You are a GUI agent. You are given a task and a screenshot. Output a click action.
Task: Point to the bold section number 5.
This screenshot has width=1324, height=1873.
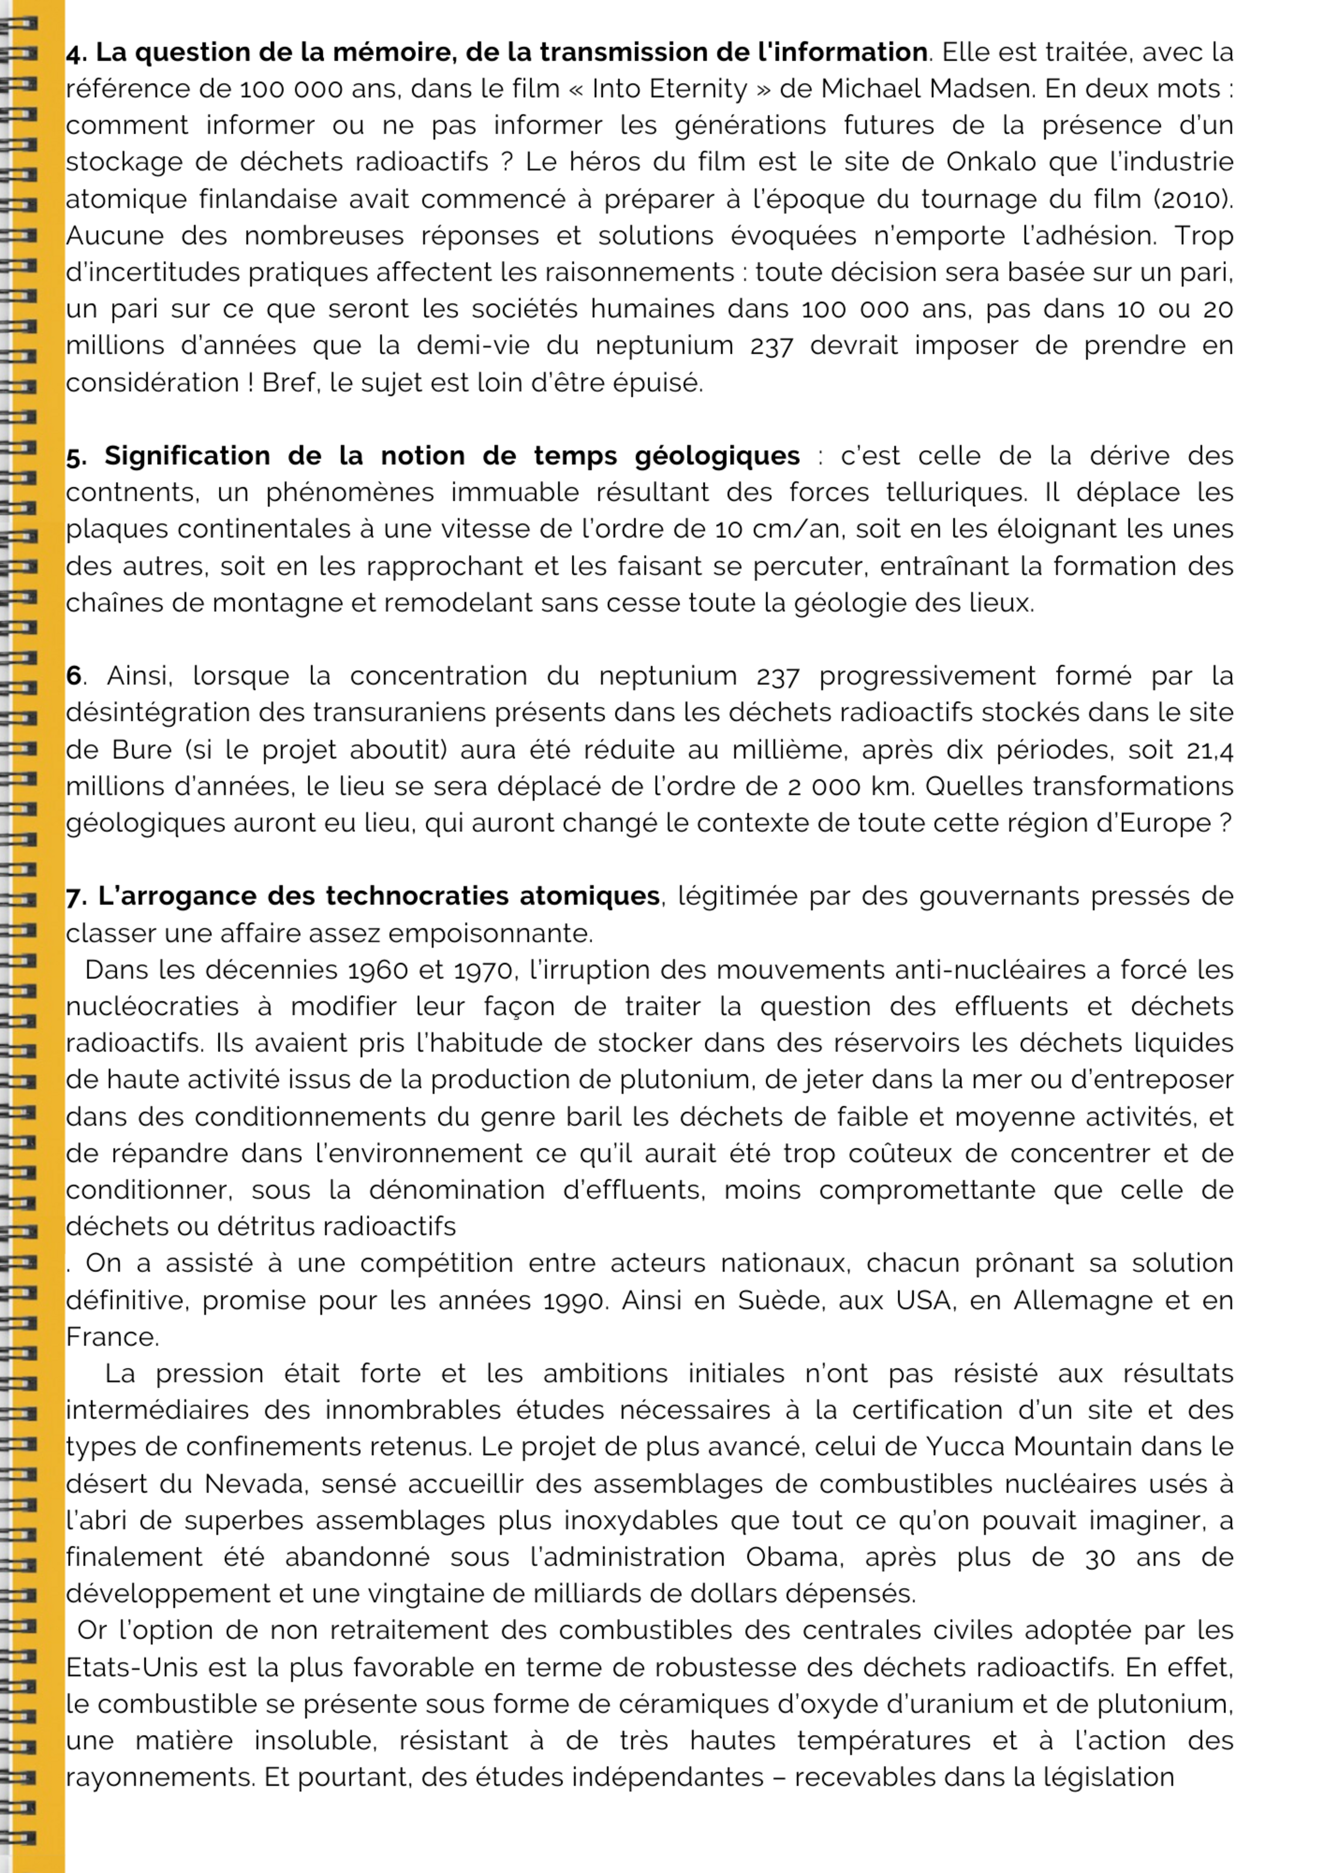click(x=76, y=456)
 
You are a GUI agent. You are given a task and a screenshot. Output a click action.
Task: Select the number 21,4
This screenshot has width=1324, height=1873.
click(x=1209, y=750)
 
